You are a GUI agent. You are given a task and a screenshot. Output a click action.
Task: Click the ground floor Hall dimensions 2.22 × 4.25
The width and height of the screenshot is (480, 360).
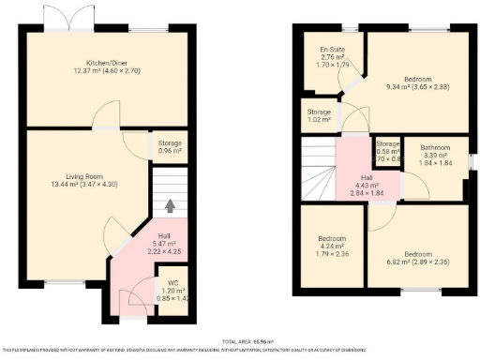click(x=163, y=251)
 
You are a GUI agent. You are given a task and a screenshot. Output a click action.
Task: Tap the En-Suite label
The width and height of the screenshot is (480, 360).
click(x=330, y=50)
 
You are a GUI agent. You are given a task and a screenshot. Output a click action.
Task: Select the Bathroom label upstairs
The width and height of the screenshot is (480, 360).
click(x=435, y=147)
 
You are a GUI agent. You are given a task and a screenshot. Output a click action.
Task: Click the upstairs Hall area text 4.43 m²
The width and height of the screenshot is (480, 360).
click(x=367, y=187)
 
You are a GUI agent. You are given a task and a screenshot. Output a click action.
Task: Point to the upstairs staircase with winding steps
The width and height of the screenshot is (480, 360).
click(x=317, y=168)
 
